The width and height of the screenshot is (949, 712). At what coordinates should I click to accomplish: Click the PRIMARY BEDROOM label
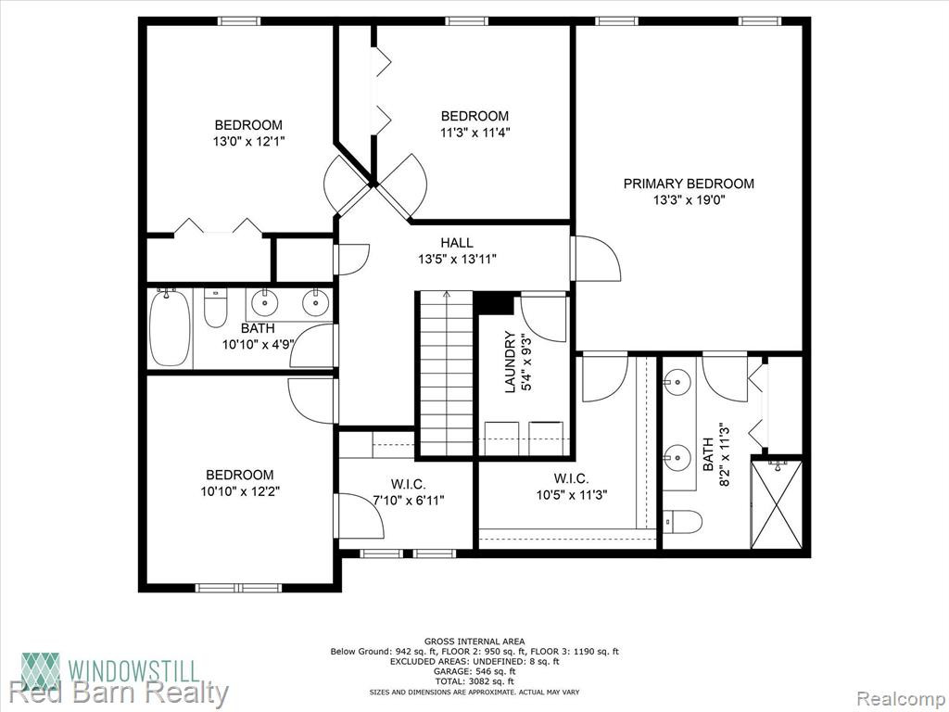(x=689, y=184)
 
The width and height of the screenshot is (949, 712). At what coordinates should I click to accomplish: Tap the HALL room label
(x=457, y=243)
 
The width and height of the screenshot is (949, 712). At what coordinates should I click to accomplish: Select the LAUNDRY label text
(x=511, y=362)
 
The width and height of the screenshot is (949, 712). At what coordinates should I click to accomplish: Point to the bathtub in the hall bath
(x=171, y=327)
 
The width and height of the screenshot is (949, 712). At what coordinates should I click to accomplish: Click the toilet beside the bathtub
(x=215, y=308)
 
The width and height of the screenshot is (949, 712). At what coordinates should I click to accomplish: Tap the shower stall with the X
(x=777, y=504)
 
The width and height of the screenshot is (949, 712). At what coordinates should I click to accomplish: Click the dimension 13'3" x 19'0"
(x=689, y=200)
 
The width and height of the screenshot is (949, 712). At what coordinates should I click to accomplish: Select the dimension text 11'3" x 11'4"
(x=475, y=132)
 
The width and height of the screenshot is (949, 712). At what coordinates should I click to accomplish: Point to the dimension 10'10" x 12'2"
(x=240, y=491)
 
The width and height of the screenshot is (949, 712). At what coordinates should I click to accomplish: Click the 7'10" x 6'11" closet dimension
(x=408, y=500)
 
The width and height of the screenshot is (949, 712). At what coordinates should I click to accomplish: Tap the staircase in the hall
(x=447, y=374)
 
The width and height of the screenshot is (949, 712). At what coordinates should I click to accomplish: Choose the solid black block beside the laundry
(x=494, y=303)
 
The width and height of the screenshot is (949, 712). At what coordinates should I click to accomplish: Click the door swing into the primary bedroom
(x=598, y=259)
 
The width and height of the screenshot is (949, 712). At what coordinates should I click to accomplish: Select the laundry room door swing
(x=543, y=318)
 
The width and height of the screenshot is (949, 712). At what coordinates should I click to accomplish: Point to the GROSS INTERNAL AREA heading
(x=474, y=642)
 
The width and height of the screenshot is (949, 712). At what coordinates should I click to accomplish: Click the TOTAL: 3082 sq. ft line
(x=474, y=681)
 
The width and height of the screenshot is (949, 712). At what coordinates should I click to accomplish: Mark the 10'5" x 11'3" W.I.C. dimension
(x=572, y=495)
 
